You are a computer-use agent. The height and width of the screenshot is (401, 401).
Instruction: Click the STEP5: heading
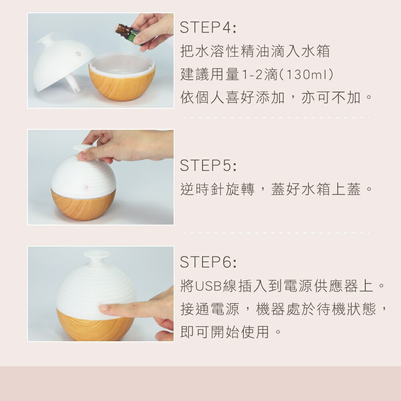coord(208,166)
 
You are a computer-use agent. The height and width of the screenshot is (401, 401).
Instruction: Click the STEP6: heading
coord(208,262)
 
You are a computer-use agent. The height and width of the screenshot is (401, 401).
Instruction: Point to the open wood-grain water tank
coord(122,80)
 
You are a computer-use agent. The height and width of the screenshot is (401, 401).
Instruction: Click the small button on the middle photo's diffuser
coord(85,187)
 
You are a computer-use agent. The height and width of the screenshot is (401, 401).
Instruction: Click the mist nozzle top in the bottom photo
coord(97,254)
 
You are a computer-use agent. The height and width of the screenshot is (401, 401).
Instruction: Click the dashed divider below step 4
coord(277,117)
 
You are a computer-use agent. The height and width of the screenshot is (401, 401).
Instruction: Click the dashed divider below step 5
coord(277,233)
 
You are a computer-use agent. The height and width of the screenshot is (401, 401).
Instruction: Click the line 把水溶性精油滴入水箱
coord(255,51)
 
